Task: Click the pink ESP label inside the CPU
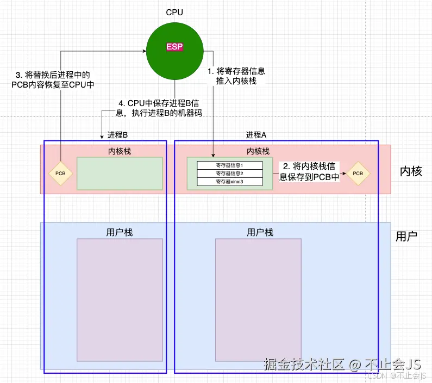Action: [174, 47]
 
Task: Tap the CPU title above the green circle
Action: [175, 12]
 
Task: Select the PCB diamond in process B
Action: [60, 174]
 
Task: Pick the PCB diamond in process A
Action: [358, 174]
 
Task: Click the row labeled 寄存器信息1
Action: [229, 165]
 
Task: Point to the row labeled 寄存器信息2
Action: [229, 173]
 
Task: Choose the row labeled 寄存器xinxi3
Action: [229, 181]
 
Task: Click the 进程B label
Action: [117, 135]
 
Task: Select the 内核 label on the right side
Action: [411, 171]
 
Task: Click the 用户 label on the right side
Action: [406, 237]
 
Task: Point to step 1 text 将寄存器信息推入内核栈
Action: [236, 76]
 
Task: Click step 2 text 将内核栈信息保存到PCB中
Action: [309, 171]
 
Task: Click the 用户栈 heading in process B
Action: [119, 232]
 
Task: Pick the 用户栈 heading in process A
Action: [260, 232]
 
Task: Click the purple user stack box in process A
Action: [258, 300]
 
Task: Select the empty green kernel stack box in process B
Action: [120, 174]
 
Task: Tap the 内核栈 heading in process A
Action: [258, 151]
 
